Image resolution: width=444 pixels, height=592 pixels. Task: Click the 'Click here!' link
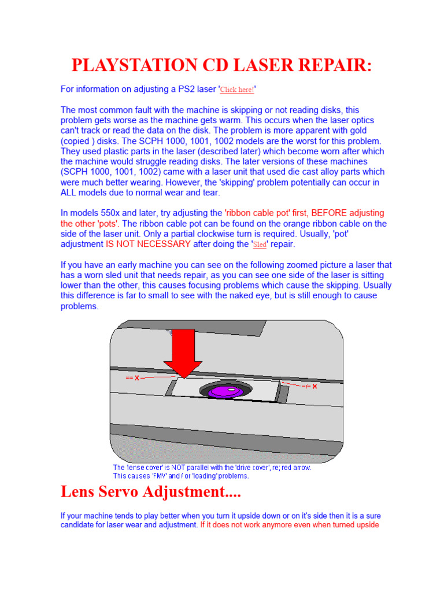point(237,90)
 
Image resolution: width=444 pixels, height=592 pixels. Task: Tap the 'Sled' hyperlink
point(260,245)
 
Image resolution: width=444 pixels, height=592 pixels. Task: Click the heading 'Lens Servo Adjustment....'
point(150,493)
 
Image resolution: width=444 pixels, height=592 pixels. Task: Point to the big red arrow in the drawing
point(183,353)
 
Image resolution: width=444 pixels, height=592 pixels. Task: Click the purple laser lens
point(224,391)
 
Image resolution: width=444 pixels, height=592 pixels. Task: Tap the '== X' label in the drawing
point(132,378)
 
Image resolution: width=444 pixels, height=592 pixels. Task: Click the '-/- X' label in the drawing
point(310,387)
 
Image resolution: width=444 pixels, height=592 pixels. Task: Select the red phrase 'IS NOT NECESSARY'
point(148,245)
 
